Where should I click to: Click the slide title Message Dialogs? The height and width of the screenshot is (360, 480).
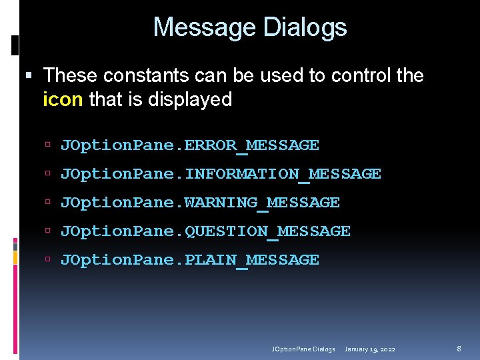250,27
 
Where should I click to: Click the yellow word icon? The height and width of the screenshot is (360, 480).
63,100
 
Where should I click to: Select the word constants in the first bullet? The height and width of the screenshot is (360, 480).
135,75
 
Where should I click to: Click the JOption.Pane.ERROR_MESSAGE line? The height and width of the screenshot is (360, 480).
189,145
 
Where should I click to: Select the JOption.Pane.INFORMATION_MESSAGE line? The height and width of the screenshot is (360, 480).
221,174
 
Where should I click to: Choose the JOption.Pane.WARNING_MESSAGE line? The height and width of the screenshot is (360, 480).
200,203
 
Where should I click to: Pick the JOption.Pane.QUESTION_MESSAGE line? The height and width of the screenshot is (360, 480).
205,231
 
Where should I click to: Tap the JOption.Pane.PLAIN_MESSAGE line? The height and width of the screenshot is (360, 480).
189,260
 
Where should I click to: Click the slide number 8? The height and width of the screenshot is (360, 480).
459,348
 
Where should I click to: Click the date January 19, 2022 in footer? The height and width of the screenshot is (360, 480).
370,349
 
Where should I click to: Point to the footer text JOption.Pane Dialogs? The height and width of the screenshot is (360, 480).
303,349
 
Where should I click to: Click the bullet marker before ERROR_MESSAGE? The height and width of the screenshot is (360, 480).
49,145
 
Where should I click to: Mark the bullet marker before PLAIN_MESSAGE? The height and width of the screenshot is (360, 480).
49,260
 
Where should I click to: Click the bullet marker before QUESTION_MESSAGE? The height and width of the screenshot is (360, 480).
49,231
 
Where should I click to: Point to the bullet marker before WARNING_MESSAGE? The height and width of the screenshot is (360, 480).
49,203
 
